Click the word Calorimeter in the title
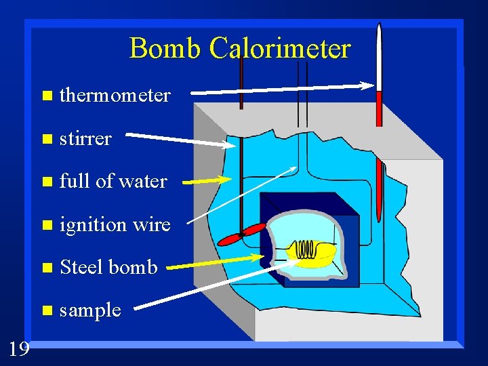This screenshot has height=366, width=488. [x=280, y=48]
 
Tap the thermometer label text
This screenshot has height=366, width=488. [x=115, y=96]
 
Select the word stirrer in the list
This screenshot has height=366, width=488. [x=85, y=139]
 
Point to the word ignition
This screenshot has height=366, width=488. [x=93, y=224]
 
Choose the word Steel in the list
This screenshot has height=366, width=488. [x=81, y=267]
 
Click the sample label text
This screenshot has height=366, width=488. [x=90, y=310]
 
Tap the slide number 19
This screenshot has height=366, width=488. [x=19, y=349]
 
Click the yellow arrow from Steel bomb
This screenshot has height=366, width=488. [x=217, y=263]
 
